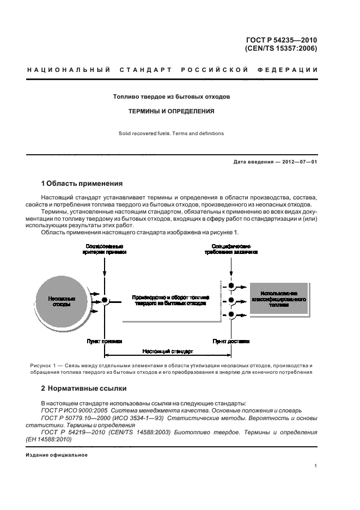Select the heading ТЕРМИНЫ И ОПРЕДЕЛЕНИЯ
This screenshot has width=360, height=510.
click(171, 111)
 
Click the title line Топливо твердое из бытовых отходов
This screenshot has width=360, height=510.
click(171, 96)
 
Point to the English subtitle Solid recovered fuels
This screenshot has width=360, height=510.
click(147, 133)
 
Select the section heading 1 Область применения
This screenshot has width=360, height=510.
click(82, 183)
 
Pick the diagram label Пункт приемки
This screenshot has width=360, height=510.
click(103, 341)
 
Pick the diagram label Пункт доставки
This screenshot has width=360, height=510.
click(231, 341)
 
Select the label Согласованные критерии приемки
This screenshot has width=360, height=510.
click(104, 249)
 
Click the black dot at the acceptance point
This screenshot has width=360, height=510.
click(105, 300)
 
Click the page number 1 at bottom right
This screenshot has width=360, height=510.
click(316, 466)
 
